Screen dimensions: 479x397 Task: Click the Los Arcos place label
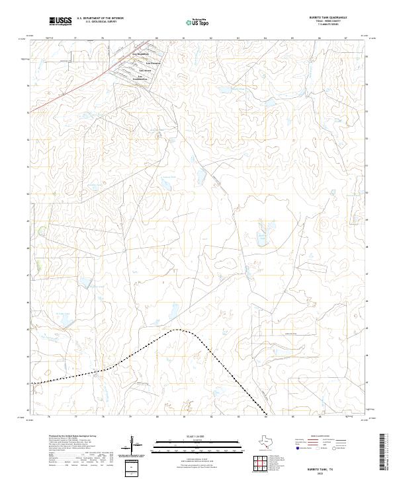(x=145, y=69)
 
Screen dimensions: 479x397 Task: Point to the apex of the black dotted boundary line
(x=176, y=330)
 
